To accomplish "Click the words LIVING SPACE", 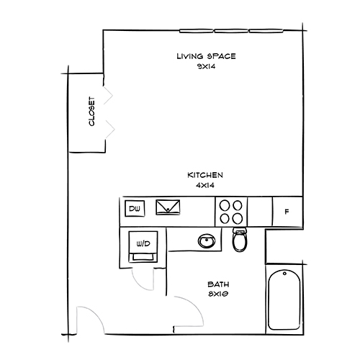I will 206,56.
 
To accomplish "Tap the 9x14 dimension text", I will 206,66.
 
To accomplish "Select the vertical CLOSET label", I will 91,112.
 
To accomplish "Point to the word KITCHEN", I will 205,175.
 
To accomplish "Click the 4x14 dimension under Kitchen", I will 205,185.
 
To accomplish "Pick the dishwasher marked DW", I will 133,210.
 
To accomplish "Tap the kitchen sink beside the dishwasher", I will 170,208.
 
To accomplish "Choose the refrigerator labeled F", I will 287,212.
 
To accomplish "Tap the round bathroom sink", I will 207,240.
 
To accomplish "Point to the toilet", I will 240,240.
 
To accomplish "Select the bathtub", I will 284,301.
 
